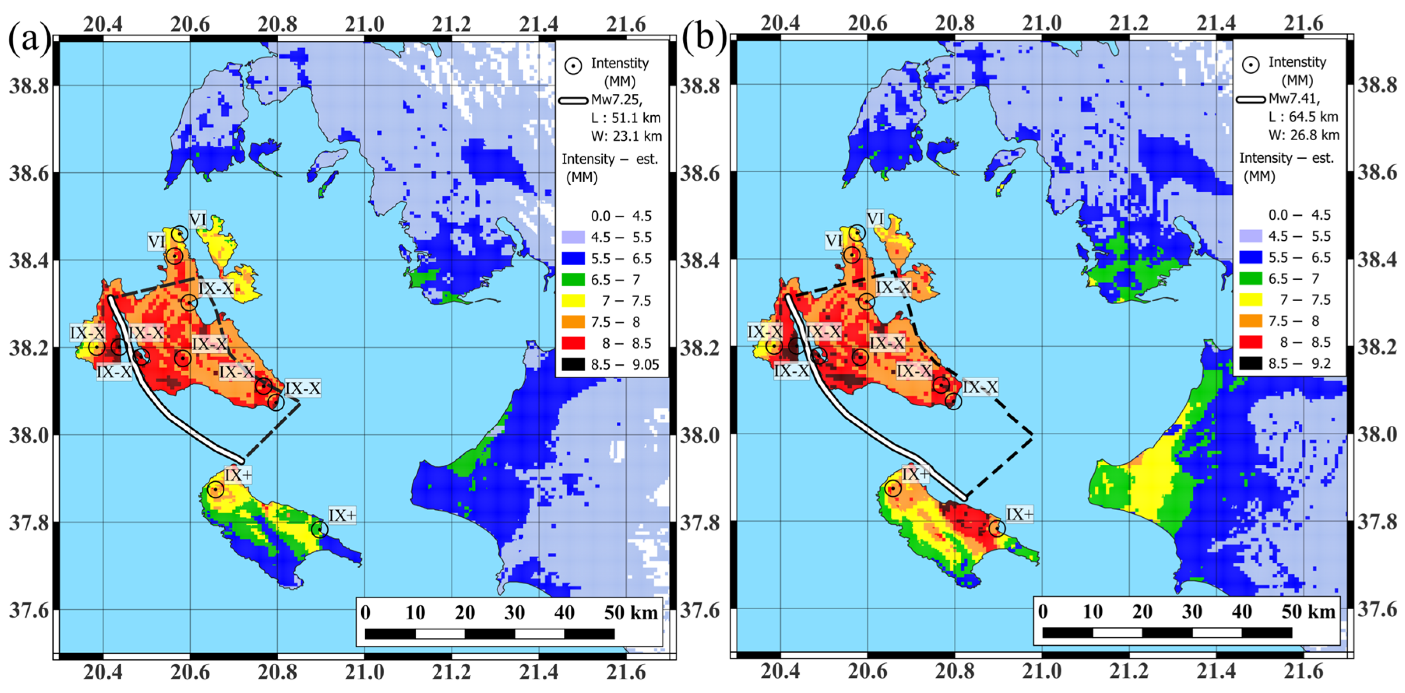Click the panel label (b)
pyautogui.click(x=703, y=39)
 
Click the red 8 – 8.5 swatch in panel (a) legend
pyautogui.click(x=573, y=343)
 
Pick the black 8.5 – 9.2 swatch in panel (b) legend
pyautogui.click(x=1251, y=363)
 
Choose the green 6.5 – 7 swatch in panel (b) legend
pyautogui.click(x=1251, y=278)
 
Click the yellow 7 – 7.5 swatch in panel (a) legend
pyautogui.click(x=573, y=301)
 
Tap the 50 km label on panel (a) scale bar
pyautogui.click(x=631, y=613)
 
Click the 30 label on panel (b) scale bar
pyautogui.click(x=1192, y=612)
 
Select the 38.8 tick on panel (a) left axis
pyautogui.click(x=28, y=86)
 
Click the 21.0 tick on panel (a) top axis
pyautogui.click(x=364, y=25)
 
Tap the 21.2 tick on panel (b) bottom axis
pyautogui.click(x=1129, y=672)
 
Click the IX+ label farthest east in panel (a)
pyautogui.click(x=342, y=515)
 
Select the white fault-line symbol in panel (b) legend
pyautogui.click(x=1251, y=100)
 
